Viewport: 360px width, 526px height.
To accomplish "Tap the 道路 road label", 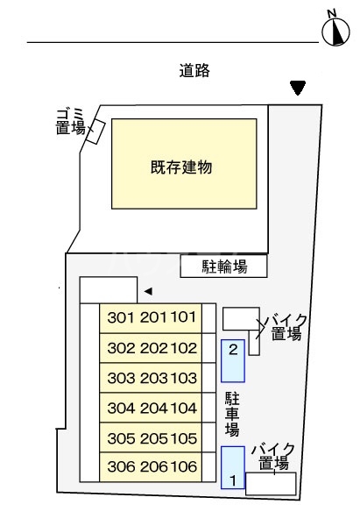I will [x=194, y=72].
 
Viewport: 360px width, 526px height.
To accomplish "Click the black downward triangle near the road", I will [x=298, y=88].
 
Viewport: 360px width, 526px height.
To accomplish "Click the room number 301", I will [x=121, y=317].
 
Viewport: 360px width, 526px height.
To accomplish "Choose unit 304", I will [x=121, y=408].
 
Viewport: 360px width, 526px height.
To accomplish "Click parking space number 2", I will [x=233, y=349].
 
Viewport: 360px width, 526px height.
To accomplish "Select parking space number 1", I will [x=233, y=480].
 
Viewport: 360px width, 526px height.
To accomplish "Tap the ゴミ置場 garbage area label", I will [x=70, y=120].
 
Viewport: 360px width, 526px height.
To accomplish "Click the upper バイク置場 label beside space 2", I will [x=286, y=325].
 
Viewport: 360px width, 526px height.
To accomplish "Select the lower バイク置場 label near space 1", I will [x=273, y=456].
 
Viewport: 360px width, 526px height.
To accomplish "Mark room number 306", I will [x=121, y=467].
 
